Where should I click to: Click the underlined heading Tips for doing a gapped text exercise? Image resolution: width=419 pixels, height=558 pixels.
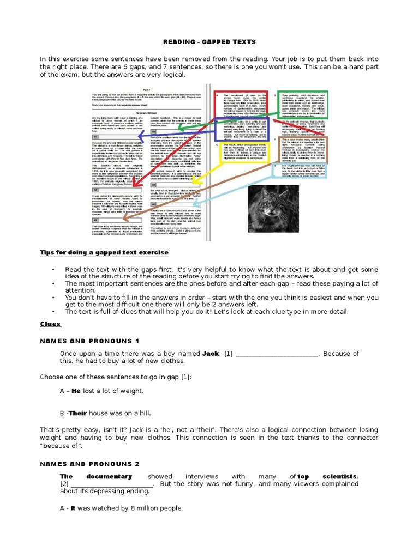click(104, 253)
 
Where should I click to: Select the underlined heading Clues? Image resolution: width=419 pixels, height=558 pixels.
click(50, 324)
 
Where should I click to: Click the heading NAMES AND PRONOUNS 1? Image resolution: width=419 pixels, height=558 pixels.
click(89, 341)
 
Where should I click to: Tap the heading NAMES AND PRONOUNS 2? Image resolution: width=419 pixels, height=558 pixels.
click(89, 464)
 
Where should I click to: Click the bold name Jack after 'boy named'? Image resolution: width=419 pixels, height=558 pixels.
click(211, 354)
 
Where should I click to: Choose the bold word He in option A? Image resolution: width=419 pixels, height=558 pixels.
click(76, 391)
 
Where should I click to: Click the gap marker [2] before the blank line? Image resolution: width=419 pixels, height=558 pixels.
click(64, 484)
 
